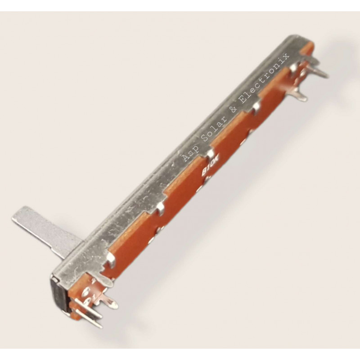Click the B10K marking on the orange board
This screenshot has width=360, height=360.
[x=211, y=166]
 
